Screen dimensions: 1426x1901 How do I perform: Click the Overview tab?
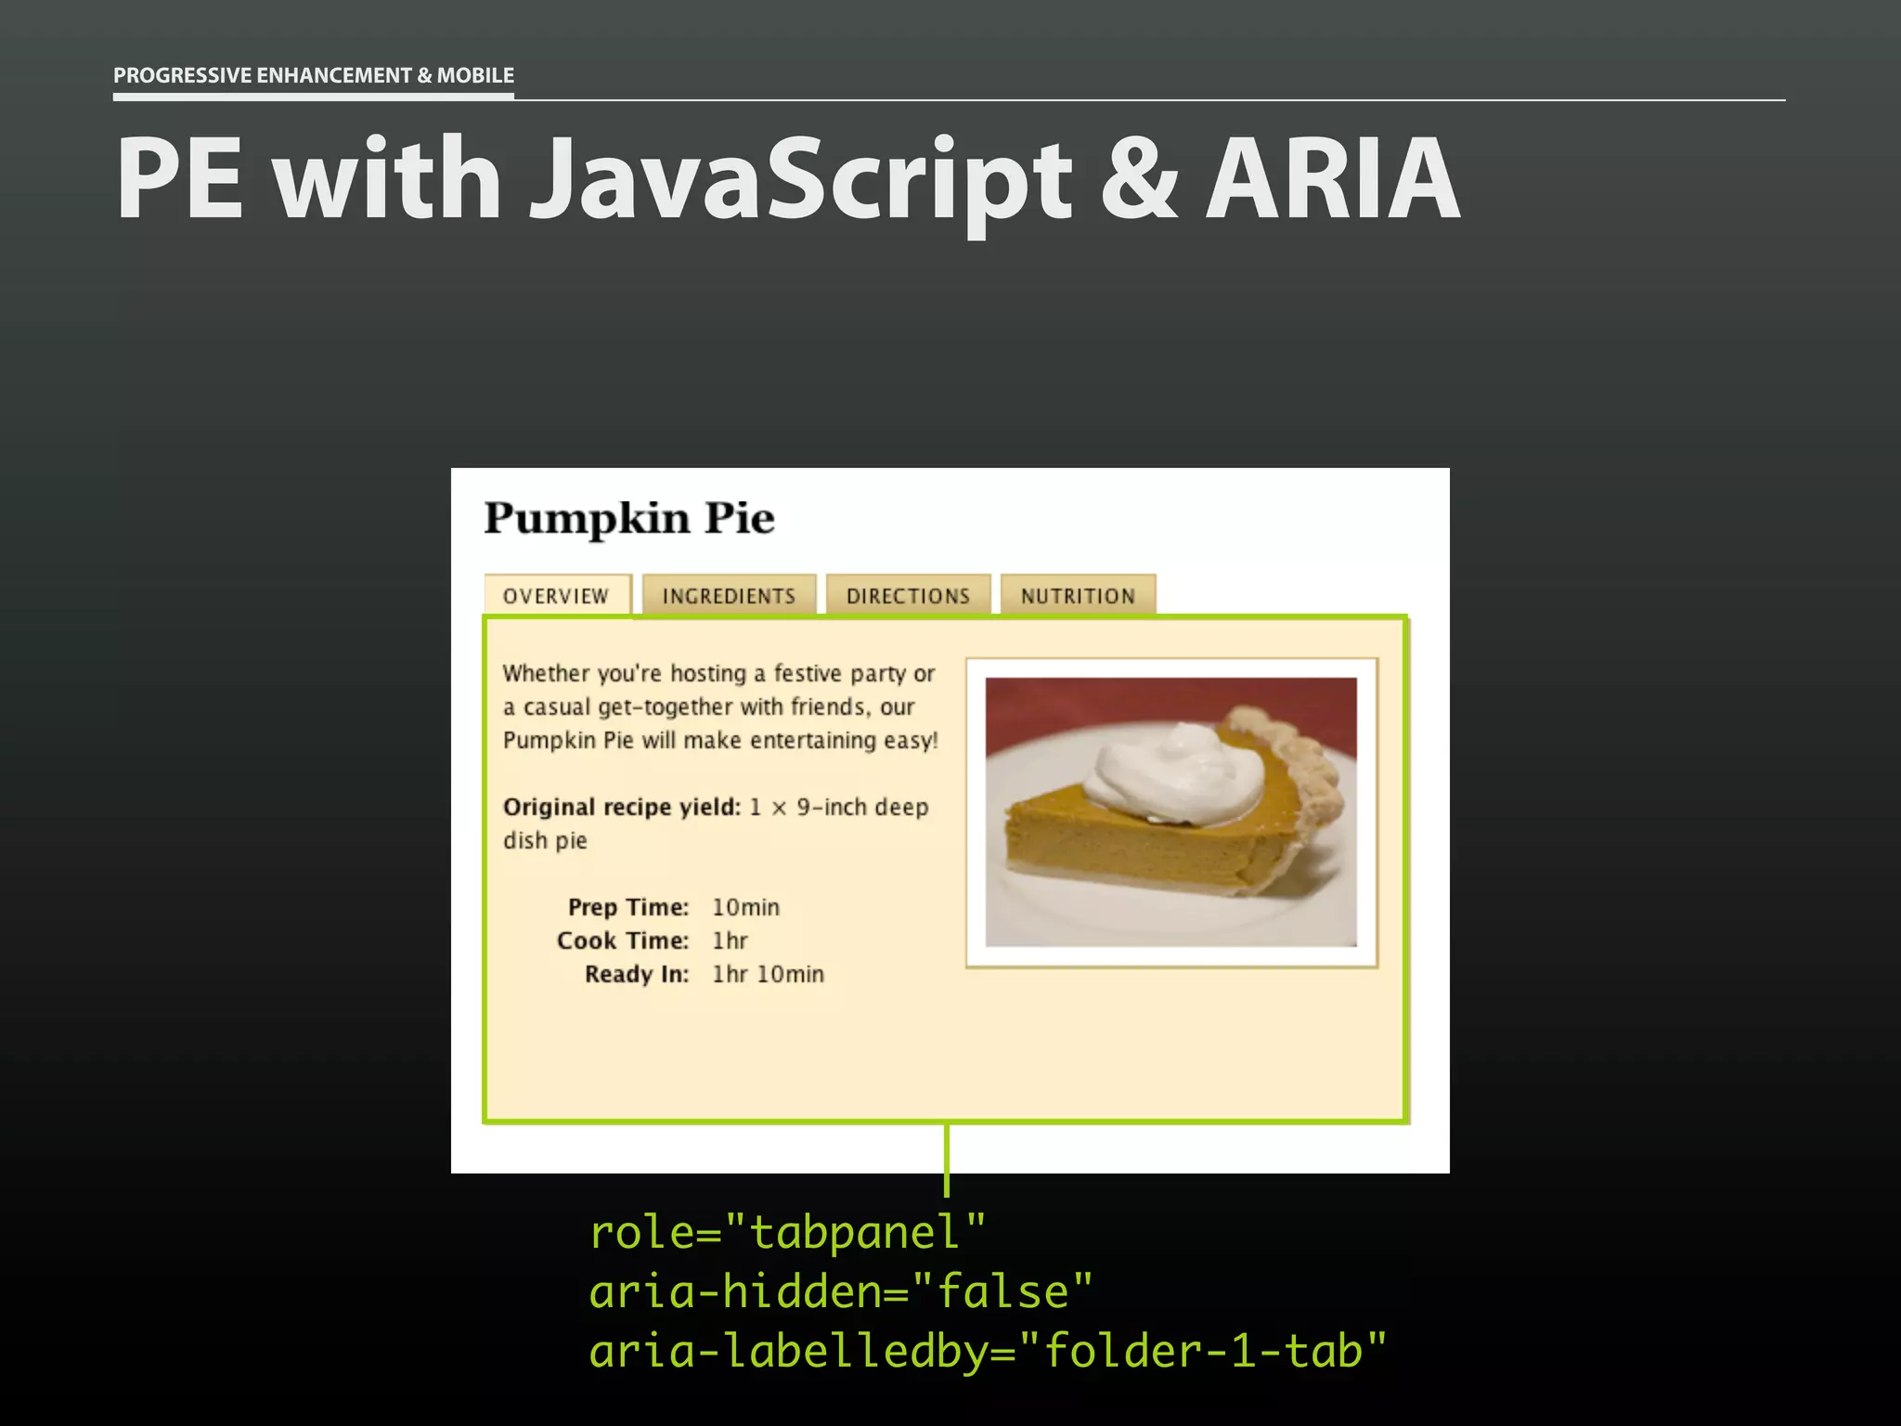click(556, 596)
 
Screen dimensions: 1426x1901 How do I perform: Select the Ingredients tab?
click(729, 596)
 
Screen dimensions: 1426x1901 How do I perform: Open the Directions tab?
click(908, 596)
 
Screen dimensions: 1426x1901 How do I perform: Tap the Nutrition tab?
click(1078, 596)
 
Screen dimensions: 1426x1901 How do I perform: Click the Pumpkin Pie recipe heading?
click(629, 518)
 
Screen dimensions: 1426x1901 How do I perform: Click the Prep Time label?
click(628, 907)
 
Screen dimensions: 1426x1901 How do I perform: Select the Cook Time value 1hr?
click(730, 940)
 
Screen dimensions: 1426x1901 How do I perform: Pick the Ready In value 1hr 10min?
click(768, 974)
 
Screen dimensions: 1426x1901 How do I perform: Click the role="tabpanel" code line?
click(787, 1233)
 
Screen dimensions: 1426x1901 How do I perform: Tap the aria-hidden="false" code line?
click(841, 1292)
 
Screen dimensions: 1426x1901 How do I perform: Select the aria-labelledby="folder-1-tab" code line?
click(988, 1351)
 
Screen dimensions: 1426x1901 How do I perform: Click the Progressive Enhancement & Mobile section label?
click(314, 75)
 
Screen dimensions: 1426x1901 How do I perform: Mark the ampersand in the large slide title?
click(1139, 178)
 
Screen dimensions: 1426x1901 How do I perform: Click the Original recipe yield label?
click(622, 807)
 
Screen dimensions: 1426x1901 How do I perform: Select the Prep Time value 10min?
click(745, 907)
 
